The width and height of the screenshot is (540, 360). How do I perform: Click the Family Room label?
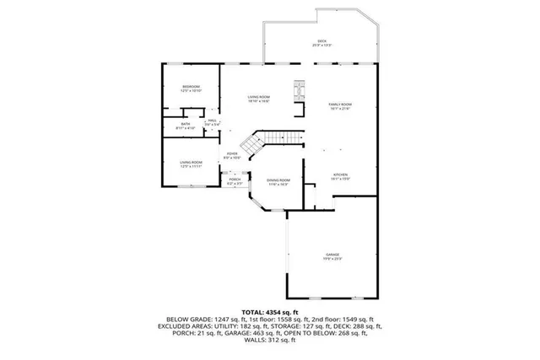(339, 105)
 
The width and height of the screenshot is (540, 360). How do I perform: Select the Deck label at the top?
(321, 42)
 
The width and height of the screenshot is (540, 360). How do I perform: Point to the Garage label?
(333, 256)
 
